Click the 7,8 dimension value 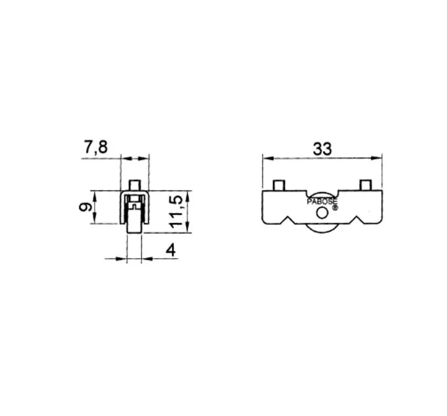pos(96,148)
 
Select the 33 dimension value pos(323,149)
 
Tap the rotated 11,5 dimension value pos(177,212)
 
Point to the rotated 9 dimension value pos(85,207)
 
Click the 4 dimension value pos(171,251)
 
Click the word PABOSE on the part pos(322,202)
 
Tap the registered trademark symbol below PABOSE pos(335,208)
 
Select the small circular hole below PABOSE pos(322,213)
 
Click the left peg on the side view pos(279,185)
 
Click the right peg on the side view pos(365,185)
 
